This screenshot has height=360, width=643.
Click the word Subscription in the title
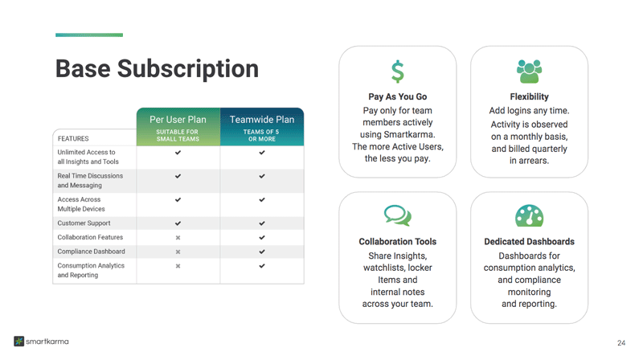[188, 69]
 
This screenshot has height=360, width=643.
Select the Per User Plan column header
[178, 127]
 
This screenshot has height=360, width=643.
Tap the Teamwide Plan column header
[262, 127]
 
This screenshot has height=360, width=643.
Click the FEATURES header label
[73, 138]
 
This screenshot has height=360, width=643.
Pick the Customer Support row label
[84, 223]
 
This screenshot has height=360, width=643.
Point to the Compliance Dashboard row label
[91, 252]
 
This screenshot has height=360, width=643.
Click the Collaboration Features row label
[90, 237]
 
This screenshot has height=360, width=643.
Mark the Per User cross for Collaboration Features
[178, 237]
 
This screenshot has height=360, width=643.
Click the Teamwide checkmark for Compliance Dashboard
[262, 252]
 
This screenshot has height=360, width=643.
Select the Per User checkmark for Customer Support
[178, 223]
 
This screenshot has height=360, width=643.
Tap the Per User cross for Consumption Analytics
[178, 266]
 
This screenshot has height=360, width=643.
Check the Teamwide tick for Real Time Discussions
[262, 176]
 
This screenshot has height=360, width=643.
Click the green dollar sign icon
[397, 72]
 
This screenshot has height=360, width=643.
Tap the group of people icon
[529, 72]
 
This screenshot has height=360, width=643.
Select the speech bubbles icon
[397, 215]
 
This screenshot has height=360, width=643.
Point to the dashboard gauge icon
[529, 215]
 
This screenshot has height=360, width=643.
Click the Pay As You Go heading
[397, 96]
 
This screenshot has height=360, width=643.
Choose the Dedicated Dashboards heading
[529, 242]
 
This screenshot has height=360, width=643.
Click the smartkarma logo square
[18, 342]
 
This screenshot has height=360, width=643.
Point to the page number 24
[621, 343]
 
